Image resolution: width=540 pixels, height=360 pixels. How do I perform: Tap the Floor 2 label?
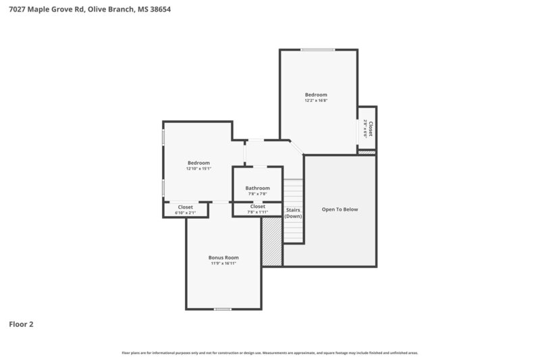coord(21,324)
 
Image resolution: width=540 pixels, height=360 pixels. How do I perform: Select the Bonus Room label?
coord(223,257)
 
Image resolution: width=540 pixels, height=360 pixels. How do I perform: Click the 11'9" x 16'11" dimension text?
coord(223,263)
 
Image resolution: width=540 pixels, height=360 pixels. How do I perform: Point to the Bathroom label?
coord(257,188)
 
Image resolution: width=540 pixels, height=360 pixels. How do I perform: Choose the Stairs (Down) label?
coord(293,213)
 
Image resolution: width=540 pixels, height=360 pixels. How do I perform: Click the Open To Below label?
coord(340,209)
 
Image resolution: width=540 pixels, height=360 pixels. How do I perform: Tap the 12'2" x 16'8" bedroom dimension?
coord(316,101)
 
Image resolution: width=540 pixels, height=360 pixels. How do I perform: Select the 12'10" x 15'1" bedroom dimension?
coord(198,169)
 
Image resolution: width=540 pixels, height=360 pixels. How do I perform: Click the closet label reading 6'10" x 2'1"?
coord(185,213)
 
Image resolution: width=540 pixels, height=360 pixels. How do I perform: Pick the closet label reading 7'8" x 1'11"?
coord(257,212)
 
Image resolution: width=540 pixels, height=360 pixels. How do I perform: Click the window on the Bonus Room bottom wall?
coord(223,309)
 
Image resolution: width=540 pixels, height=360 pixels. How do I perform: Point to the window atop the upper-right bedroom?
coord(317,49)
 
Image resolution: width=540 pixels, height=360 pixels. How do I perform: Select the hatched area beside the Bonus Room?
coord(271,241)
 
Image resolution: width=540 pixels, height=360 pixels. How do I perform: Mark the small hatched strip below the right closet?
coord(367,153)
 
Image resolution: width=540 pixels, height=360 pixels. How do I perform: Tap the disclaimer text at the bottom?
coord(269,353)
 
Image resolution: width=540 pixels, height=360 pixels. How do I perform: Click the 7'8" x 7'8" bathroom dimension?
coord(257,194)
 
